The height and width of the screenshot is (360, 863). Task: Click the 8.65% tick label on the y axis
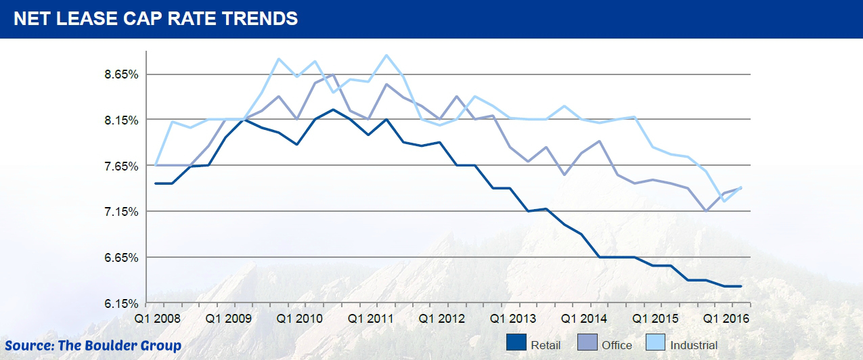[121, 74]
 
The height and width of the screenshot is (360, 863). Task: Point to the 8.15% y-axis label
[121, 120]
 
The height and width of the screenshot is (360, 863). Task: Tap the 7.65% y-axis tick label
[121, 166]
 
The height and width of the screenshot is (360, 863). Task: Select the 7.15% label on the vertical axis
[121, 212]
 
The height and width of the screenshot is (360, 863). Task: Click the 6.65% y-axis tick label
[121, 258]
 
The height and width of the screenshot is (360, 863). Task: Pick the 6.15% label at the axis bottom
[121, 304]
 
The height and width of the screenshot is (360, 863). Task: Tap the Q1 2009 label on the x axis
[227, 317]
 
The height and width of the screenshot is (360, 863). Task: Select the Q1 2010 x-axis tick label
[298, 317]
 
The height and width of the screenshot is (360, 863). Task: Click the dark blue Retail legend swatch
[516, 343]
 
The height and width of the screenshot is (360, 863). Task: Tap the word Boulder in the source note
[110, 346]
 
